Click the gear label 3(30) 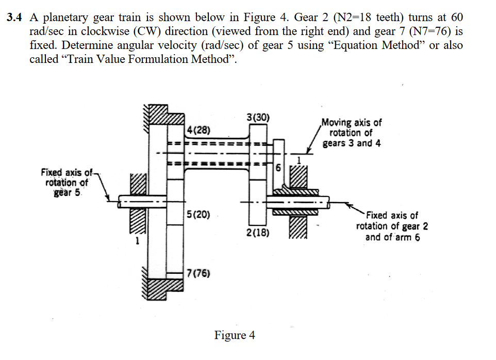point(258,117)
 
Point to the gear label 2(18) point(257,233)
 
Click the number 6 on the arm point(278,168)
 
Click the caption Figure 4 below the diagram point(235,335)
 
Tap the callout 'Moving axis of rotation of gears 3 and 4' point(352,133)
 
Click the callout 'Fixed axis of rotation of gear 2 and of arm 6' point(391,226)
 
